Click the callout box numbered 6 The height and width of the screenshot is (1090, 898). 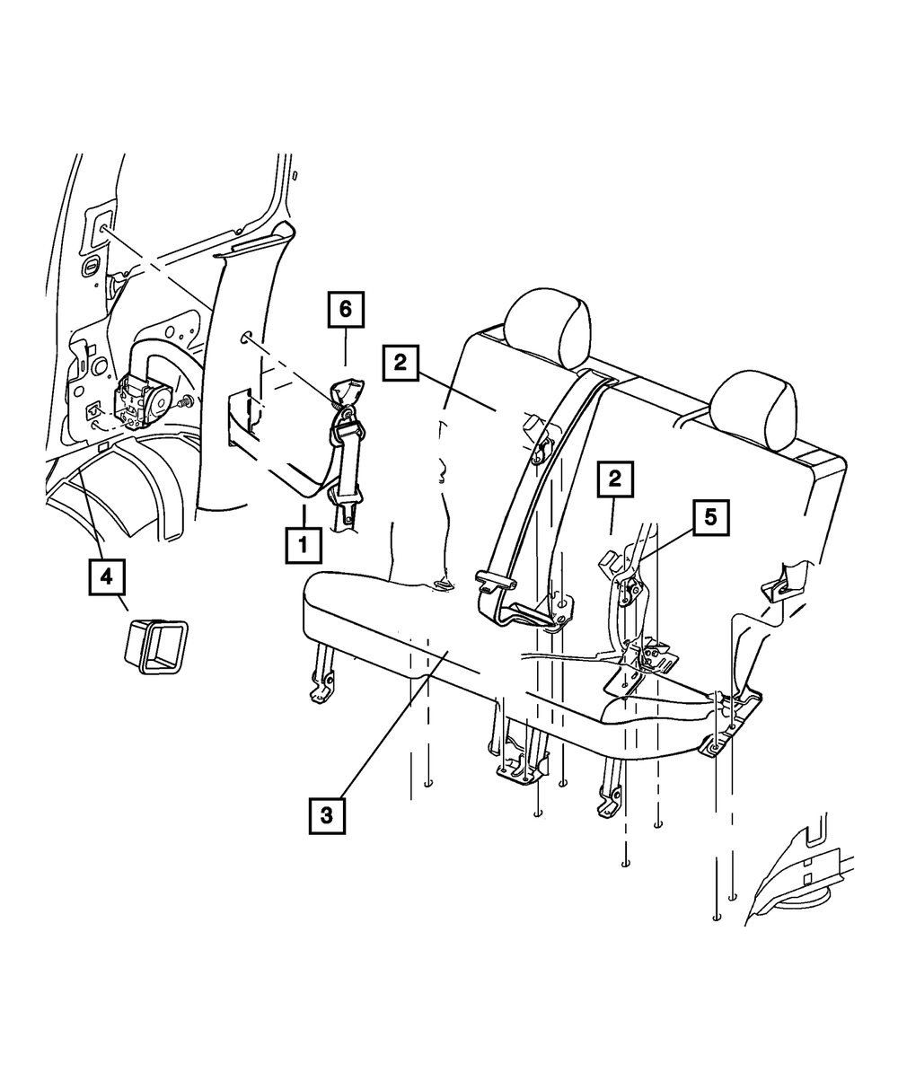pyautogui.click(x=346, y=310)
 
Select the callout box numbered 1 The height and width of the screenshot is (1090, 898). pyautogui.click(x=304, y=546)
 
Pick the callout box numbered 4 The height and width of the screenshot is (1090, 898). pyautogui.click(x=107, y=577)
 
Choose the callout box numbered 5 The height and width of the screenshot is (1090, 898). pyautogui.click(x=711, y=518)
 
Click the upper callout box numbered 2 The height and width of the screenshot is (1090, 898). pyautogui.click(x=401, y=363)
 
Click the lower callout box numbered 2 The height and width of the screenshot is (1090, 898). pyautogui.click(x=615, y=479)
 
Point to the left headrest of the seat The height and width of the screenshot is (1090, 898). pyautogui.click(x=548, y=328)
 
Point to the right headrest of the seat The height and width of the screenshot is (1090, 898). pyautogui.click(x=756, y=410)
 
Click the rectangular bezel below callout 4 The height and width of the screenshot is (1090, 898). pyautogui.click(x=155, y=646)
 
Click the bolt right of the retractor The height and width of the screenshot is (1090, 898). pyautogui.click(x=185, y=401)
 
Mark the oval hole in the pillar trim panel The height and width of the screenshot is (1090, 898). pyautogui.click(x=246, y=338)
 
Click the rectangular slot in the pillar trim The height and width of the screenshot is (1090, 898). pyautogui.click(x=240, y=416)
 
